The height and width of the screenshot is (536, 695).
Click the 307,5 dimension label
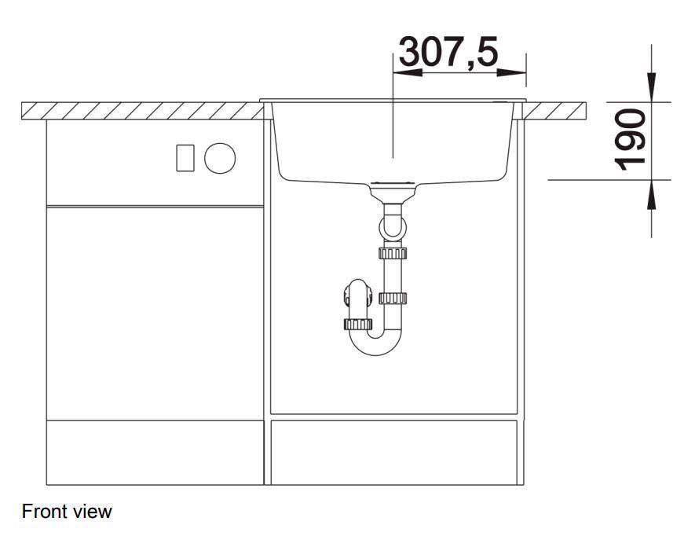click(x=449, y=52)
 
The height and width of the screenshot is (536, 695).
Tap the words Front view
click(x=67, y=512)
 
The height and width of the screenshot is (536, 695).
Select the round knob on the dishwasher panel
click(x=220, y=158)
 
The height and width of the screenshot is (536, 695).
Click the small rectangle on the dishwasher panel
click(x=185, y=158)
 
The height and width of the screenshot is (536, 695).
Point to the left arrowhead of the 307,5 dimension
click(x=408, y=72)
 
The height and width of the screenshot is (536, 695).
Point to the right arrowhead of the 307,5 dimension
click(x=511, y=72)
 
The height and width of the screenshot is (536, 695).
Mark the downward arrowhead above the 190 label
click(x=652, y=87)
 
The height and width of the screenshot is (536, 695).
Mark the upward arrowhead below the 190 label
click(x=652, y=194)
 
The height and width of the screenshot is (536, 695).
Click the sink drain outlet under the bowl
click(x=393, y=191)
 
